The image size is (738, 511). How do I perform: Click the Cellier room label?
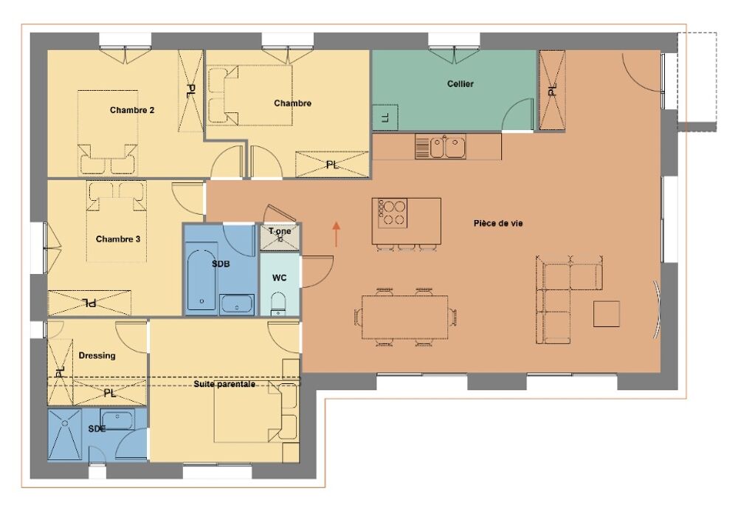tap(461, 84)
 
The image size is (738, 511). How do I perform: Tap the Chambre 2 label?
tap(132, 110)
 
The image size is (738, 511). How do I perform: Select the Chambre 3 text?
tap(118, 239)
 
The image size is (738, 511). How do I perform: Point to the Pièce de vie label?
tap(498, 223)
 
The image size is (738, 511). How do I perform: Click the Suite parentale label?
tap(224, 384)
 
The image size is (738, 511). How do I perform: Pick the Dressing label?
tap(97, 356)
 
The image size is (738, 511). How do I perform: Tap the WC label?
tap(279, 278)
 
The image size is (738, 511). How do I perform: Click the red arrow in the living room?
tap(336, 234)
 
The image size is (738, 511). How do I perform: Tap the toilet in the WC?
tap(279, 304)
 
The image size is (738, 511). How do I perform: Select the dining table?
tap(404, 317)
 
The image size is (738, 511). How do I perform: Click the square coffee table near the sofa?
tap(606, 314)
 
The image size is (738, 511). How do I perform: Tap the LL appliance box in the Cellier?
tap(385, 117)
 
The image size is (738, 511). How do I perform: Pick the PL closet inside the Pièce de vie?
tap(551, 90)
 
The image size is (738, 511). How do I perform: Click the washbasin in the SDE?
tap(117, 419)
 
